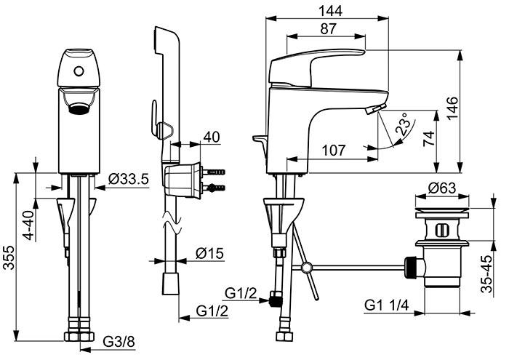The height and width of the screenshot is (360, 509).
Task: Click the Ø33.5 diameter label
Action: click(128, 179)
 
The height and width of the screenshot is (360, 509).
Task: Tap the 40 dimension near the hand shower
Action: click(212, 136)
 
